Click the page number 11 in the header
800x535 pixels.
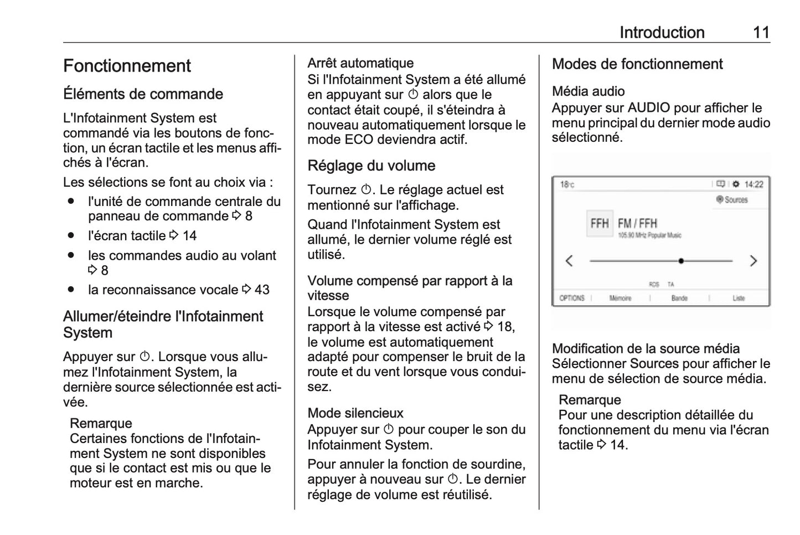(761, 32)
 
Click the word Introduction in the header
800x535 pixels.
(662, 32)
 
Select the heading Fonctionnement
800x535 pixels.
(127, 66)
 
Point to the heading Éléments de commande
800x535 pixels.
(143, 94)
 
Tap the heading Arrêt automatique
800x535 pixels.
(360, 63)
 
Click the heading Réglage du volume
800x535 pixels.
(371, 166)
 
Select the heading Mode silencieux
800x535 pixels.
(355, 413)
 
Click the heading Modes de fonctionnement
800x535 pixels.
(637, 64)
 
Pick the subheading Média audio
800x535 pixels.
(588, 91)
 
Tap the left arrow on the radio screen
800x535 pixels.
(569, 261)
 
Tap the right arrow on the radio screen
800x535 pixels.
(753, 261)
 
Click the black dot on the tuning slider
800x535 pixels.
(681, 261)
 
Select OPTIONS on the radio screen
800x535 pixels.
(572, 298)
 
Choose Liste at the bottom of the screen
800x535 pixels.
(739, 298)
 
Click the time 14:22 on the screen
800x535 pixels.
(753, 184)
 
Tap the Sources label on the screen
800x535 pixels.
(735, 200)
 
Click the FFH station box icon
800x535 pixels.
(599, 224)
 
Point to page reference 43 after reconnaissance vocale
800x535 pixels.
(262, 290)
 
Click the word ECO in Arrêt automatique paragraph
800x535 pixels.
(359, 140)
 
